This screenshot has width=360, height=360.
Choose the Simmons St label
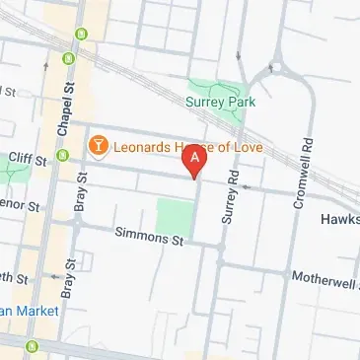pos(150,237)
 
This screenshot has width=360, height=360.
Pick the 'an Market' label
pos(29,311)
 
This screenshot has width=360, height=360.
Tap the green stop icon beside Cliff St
pos(63,155)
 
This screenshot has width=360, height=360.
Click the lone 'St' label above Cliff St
pos(10,92)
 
